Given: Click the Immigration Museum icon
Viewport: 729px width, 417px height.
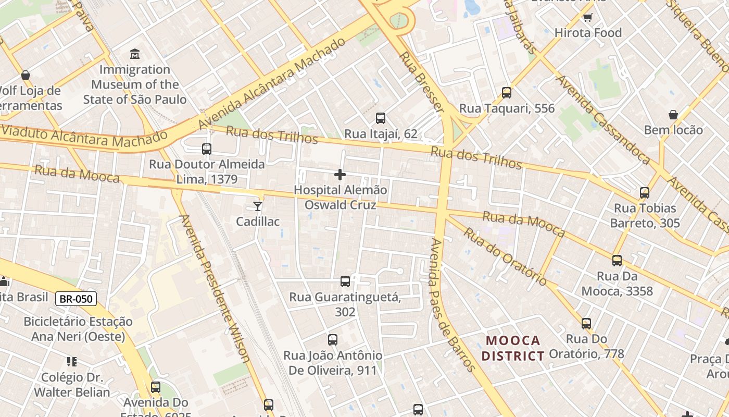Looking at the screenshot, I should coord(135,54).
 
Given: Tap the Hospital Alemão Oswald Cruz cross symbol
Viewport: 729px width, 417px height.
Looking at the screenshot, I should coord(340,175).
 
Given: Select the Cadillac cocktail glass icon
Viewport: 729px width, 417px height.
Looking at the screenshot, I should coord(258,206).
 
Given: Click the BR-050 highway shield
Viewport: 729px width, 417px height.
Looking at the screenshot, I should coord(76,299).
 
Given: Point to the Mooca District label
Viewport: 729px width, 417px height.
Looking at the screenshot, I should coord(512,348).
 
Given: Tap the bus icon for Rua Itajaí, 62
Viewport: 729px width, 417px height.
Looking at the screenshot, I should coord(381,118).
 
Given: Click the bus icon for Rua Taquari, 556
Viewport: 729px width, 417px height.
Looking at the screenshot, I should coord(507,93).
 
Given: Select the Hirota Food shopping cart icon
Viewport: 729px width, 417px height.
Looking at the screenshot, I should coord(587,17).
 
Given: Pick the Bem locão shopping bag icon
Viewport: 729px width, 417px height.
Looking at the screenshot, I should coord(673,115).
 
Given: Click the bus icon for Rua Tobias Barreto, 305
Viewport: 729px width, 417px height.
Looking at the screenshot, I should coord(645,193).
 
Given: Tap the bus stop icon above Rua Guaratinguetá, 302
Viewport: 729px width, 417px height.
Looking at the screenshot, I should coord(345,281).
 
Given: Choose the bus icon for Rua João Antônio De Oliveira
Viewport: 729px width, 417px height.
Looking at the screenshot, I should coord(333,340).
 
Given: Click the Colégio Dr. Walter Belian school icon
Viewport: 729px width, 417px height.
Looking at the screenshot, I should coord(72,362).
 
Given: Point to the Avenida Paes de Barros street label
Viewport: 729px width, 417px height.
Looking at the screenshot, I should coord(452,305).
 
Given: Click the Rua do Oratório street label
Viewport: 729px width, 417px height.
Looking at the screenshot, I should coord(505,256).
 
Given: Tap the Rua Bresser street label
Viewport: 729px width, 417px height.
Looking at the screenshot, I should coord(422,82).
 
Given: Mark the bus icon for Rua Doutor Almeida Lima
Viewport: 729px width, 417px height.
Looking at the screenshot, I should coord(207,149).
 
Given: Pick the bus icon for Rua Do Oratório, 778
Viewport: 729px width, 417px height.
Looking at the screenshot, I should coord(586,324).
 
